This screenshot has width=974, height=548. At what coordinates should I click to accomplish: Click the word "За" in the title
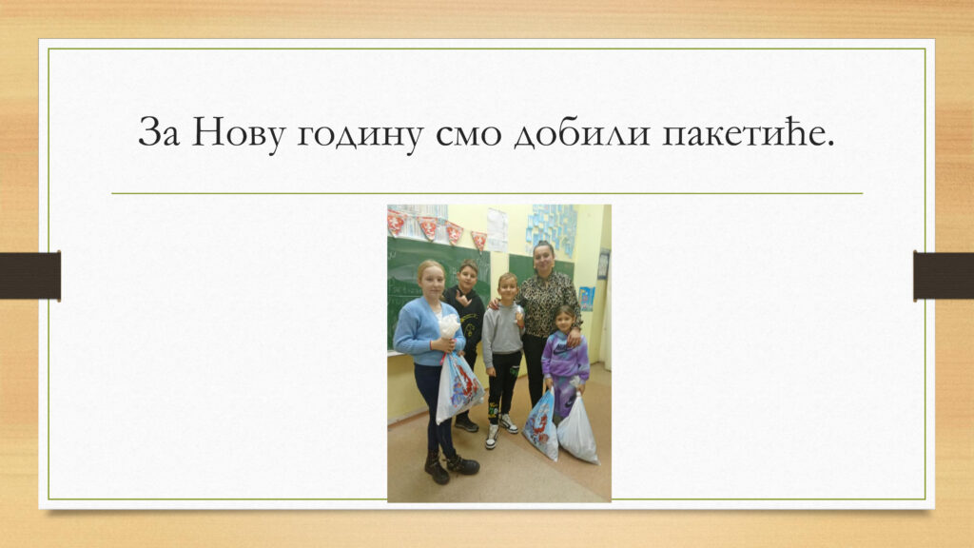pos(159,131)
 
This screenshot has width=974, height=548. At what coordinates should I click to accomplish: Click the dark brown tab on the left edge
pos(30,275)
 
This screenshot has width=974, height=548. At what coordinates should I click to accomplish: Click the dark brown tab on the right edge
pos(944,275)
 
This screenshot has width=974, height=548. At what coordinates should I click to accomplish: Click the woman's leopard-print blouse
pos(550,304)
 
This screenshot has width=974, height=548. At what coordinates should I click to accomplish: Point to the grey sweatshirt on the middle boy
pos(502,328)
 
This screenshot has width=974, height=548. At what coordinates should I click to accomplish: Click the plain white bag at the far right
pos(577,429)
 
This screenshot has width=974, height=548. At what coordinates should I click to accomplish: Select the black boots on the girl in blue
pos(450,466)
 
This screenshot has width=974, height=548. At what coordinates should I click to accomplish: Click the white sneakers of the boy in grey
pos(500,430)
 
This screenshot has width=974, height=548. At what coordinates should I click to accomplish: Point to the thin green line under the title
pos(487,193)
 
